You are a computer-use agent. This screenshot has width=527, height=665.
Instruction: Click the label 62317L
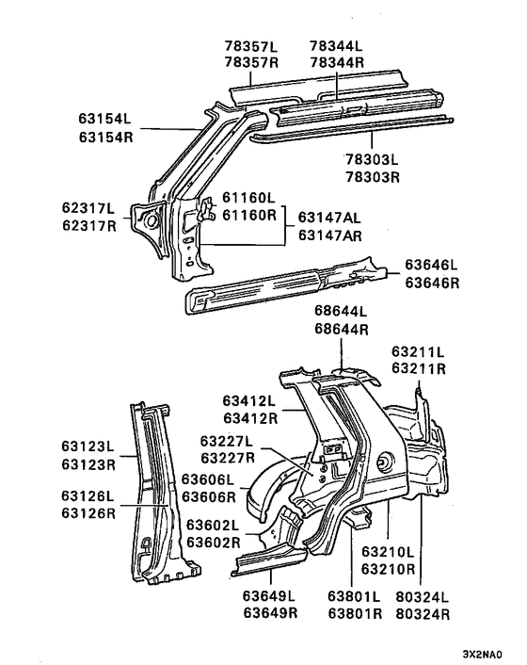click(x=88, y=208)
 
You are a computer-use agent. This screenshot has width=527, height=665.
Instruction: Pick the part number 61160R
click(x=248, y=215)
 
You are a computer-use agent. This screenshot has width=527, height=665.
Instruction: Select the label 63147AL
click(x=330, y=217)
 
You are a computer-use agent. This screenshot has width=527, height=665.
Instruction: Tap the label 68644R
click(x=342, y=329)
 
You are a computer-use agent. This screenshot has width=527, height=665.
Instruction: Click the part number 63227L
click(x=227, y=441)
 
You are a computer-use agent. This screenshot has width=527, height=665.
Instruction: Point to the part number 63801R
click(x=354, y=612)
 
